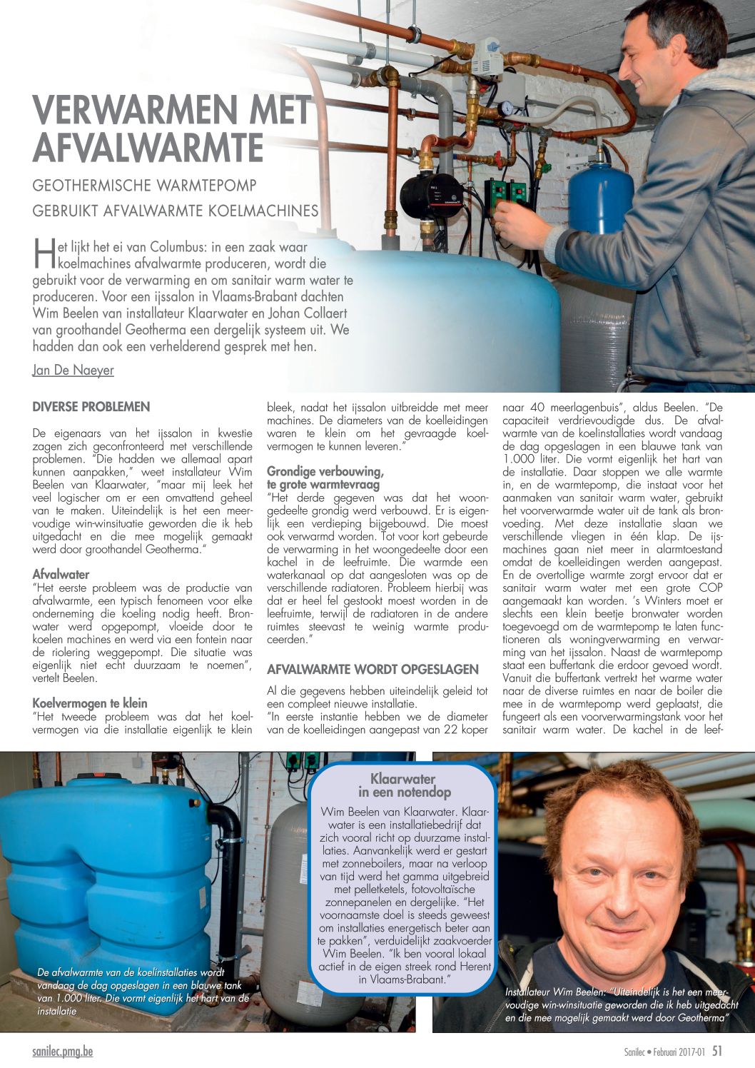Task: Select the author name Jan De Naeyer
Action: click(73, 370)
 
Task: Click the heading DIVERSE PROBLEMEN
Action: click(91, 407)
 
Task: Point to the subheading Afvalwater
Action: click(61, 574)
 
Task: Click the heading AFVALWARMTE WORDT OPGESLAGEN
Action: click(373, 670)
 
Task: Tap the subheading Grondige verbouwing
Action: click(325, 471)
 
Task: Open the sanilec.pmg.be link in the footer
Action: click(63, 1051)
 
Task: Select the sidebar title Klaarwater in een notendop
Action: click(403, 785)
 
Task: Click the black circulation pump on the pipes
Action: click(429, 195)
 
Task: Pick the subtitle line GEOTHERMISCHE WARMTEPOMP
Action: click(145, 186)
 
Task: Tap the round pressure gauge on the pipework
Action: click(506, 108)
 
